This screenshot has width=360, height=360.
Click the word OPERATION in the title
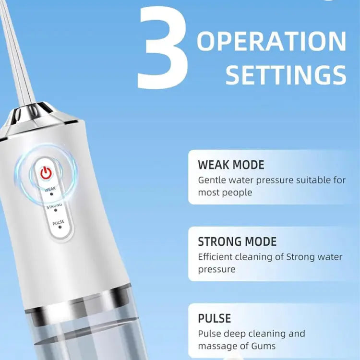point(271,41)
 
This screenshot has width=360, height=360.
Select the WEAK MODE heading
point(231,165)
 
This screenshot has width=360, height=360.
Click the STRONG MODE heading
point(237,241)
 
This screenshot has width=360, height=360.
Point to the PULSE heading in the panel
point(215,318)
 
